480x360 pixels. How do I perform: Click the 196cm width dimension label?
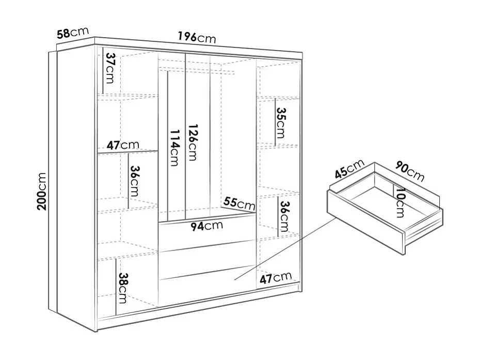pos(197,38)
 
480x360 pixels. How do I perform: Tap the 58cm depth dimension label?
pos(73,33)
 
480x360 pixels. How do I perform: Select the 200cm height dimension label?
pos(42,191)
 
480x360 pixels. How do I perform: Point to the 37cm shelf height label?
pos(110,68)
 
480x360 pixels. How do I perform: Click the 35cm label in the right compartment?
pos(280,122)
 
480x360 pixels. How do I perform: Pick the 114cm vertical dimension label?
pos(174,148)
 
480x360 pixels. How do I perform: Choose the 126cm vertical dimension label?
pos(193,142)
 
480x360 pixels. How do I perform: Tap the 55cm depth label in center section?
pos(239,203)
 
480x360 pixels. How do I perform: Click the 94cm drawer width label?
pos(206,226)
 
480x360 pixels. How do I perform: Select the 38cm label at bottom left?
pos(123,288)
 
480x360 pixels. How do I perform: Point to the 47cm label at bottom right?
pos(276,278)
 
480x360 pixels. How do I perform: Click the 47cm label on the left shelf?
pos(123,145)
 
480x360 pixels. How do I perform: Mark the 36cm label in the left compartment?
pos(135,181)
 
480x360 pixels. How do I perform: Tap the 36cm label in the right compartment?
pos(284,216)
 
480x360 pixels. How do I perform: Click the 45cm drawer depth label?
pos(349,169)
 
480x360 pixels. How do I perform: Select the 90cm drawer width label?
pos(410,171)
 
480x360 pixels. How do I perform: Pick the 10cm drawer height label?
pos(400,202)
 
